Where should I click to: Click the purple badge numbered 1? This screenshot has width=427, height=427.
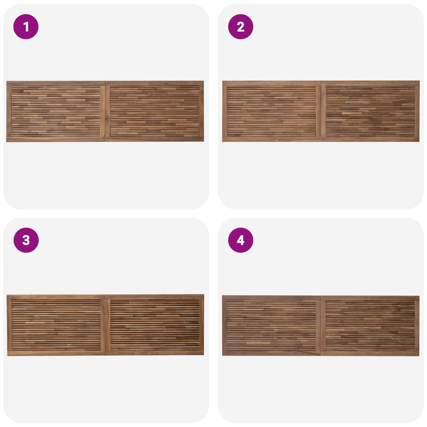tap(26, 27)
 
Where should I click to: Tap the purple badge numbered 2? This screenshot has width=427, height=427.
tap(240, 27)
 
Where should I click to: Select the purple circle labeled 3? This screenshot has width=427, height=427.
tap(26, 240)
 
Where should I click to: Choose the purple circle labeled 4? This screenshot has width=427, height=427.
tap(240, 240)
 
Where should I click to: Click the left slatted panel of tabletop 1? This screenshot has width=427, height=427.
tap(56, 111)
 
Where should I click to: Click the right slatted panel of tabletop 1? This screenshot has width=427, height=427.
tap(155, 111)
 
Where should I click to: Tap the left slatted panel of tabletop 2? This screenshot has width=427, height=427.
tap(271, 111)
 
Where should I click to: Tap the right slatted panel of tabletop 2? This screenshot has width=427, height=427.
tap(370, 111)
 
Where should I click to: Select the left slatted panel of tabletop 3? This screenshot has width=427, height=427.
tap(56, 325)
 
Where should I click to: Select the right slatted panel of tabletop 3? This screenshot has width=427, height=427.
tap(155, 325)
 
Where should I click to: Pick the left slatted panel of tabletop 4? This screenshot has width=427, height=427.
tap(271, 326)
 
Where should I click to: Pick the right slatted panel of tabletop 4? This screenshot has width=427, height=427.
tap(370, 326)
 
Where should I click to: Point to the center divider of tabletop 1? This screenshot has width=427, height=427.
tap(105, 111)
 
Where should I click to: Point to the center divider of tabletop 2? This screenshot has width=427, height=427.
tap(321, 111)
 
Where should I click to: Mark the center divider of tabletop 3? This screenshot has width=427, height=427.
tap(106, 325)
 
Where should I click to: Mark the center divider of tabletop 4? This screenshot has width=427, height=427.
tap(321, 326)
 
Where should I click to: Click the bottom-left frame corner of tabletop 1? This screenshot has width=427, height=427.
tap(7, 141)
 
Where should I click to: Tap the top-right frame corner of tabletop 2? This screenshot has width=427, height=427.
tap(420, 81)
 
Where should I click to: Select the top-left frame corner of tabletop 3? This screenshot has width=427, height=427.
tap(7, 295)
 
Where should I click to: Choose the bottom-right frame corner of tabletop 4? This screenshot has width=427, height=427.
tap(419, 356)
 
